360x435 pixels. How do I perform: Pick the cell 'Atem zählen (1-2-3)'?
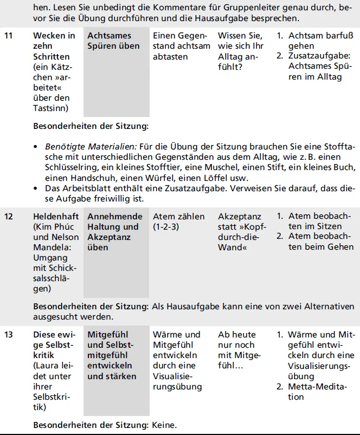[178, 222]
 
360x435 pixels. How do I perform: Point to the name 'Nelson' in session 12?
[65, 237]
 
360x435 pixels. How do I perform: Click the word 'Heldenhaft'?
[53, 217]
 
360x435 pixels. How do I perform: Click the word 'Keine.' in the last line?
[165, 425]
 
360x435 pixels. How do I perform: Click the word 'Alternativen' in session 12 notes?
[329, 307]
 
